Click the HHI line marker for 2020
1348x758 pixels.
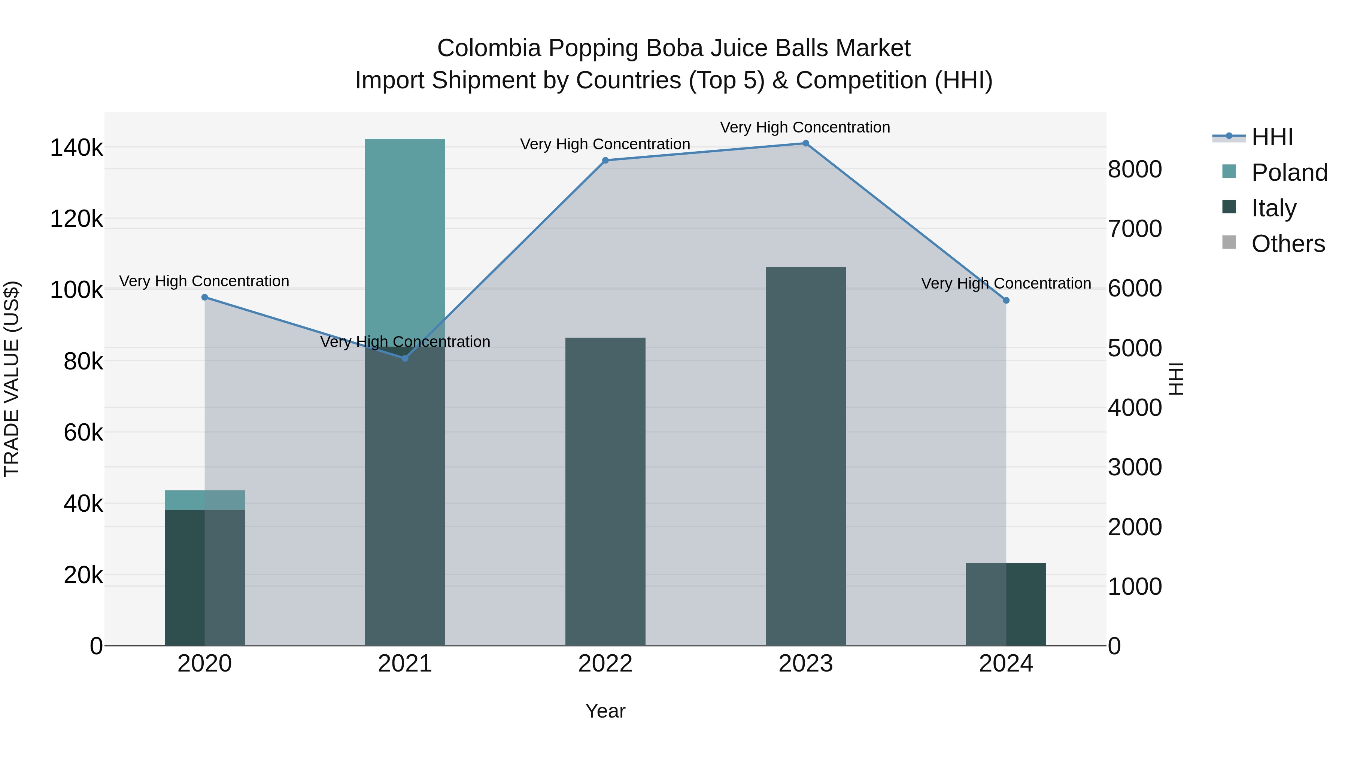[204, 297]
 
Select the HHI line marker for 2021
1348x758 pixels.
[405, 358]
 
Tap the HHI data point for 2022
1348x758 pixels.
[605, 161]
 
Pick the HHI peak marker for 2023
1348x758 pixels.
[806, 143]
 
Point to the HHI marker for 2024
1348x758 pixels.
[1006, 300]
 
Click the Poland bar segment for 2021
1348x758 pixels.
[405, 241]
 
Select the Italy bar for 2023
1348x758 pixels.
[806, 455]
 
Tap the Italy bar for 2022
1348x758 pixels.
[605, 492]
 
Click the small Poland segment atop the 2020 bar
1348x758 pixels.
[204, 500]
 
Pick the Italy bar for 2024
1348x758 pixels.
[1006, 604]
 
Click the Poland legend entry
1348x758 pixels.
[1289, 173]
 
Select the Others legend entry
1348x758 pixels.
[1288, 244]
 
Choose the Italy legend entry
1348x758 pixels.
[1274, 208]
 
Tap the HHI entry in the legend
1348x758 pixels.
[1272, 137]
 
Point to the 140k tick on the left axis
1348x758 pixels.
[76, 148]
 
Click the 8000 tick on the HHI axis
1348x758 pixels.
[1135, 170]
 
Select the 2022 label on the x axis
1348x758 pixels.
[605, 664]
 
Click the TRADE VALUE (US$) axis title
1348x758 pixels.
[12, 379]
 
